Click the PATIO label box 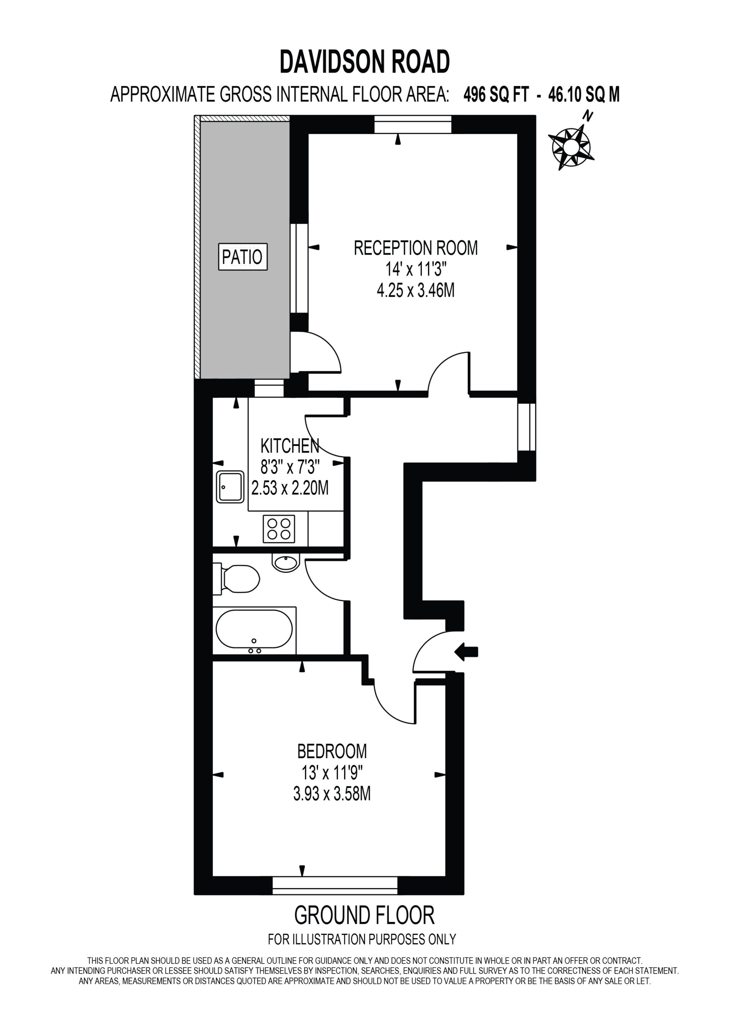pos(242,257)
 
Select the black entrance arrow pos(466,651)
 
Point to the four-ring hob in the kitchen pos(279,528)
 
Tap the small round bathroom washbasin pos(286,563)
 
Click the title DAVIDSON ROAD pos(365,62)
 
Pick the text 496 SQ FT pos(496,94)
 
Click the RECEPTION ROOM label pos(415,248)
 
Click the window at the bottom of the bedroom pos(335,885)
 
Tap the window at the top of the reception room pos(413,124)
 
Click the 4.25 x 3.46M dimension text pos(415,291)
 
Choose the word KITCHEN pos(290,446)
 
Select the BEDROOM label pos(332,751)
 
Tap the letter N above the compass pos(587,116)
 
